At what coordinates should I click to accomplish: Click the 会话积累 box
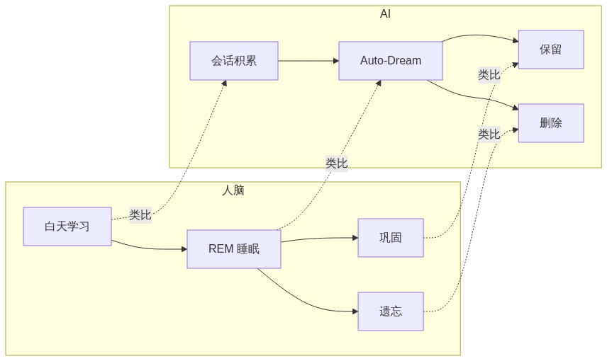pyautogui.click(x=234, y=61)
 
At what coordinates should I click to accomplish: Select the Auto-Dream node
pyautogui.click(x=391, y=61)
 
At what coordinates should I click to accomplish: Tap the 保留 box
pyautogui.click(x=551, y=50)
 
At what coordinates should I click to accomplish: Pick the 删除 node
pyautogui.click(x=551, y=123)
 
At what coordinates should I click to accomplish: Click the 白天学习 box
pyautogui.click(x=67, y=227)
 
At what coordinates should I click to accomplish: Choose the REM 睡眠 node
pyautogui.click(x=234, y=249)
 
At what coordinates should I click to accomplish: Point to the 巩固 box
pyautogui.click(x=391, y=238)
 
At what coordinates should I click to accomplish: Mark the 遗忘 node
pyautogui.click(x=391, y=311)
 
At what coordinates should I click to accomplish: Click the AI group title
pyautogui.click(x=385, y=14)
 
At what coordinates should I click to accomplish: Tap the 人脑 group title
pyautogui.click(x=233, y=190)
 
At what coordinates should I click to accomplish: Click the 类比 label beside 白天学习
pyautogui.click(x=140, y=215)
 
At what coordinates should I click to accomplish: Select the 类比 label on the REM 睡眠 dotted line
pyautogui.click(x=337, y=164)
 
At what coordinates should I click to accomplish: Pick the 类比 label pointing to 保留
pyautogui.click(x=489, y=74)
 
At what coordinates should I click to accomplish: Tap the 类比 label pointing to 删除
pyautogui.click(x=489, y=134)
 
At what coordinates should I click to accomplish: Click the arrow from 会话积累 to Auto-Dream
pyautogui.click(x=308, y=61)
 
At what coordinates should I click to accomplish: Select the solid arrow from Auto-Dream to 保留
pyautogui.click(x=479, y=35)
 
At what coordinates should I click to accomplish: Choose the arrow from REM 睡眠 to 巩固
pyautogui.click(x=319, y=239)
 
